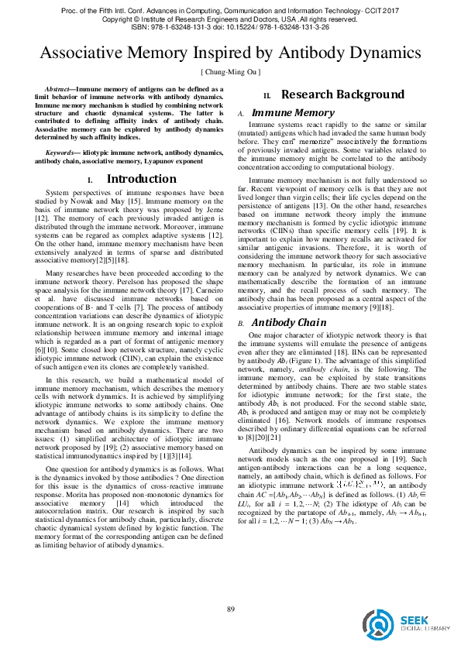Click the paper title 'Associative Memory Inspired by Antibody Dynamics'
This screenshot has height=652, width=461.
[x=230, y=54]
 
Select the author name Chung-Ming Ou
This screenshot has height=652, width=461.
[x=230, y=72]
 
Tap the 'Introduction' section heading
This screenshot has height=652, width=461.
[x=140, y=179]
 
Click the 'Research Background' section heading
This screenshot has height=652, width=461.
[x=342, y=95]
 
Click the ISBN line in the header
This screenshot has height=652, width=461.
[x=230, y=26]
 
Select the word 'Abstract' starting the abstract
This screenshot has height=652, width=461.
[x=62, y=90]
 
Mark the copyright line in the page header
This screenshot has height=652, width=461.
[x=230, y=17]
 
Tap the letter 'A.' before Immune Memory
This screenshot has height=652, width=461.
[x=240, y=114]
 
